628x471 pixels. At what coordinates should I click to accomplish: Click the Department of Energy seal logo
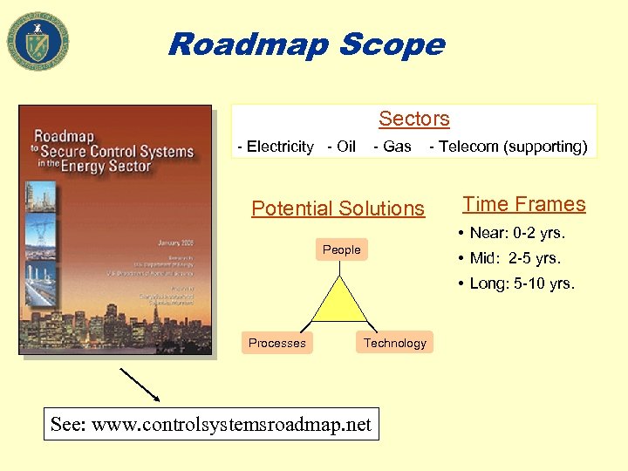point(38,41)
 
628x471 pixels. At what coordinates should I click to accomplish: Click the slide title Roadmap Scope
point(306,44)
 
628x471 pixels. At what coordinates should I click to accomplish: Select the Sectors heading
point(413,119)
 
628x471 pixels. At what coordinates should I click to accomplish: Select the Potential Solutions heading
point(338,208)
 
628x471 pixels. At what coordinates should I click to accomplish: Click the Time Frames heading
point(523,204)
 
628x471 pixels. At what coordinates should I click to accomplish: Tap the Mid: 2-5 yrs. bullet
point(515,258)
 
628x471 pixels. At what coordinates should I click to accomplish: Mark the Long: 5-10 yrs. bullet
point(522,283)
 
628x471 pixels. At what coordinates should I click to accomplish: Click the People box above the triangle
point(341,249)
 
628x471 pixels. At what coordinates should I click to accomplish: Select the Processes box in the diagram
point(276,343)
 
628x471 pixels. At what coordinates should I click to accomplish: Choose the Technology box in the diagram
point(394,343)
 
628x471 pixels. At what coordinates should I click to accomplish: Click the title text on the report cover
point(113,151)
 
